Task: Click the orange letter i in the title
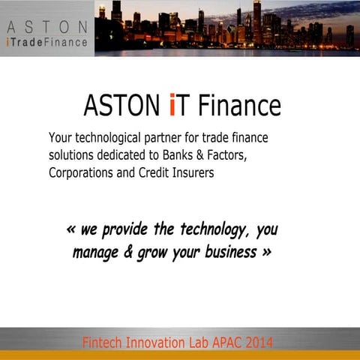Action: (173, 105)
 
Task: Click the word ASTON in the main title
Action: (123, 106)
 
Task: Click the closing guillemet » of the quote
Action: (266, 252)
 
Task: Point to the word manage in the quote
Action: (94, 253)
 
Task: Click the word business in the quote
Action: (229, 252)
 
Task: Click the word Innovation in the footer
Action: (166, 343)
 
